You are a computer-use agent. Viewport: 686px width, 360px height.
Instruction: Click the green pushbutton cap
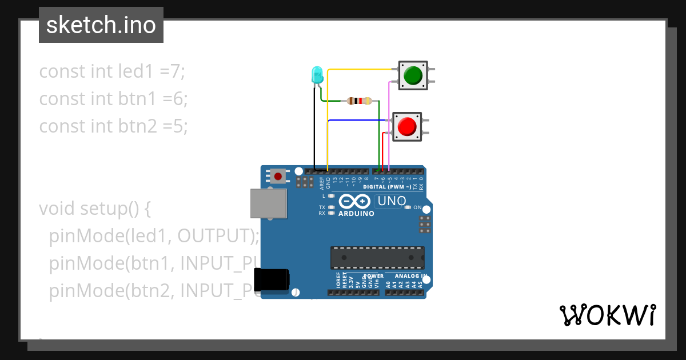click(x=413, y=75)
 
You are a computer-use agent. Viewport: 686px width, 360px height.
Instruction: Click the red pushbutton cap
click(x=407, y=126)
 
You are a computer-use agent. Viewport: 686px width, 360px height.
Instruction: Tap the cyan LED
click(x=317, y=75)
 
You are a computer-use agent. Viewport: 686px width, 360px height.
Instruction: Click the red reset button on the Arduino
click(x=278, y=175)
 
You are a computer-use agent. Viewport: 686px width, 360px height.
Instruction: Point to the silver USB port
click(x=268, y=203)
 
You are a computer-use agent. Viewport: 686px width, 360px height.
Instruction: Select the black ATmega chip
click(x=377, y=258)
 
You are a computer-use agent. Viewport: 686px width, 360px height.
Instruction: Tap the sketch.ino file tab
click(x=101, y=25)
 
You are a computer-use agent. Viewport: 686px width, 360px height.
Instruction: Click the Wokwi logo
click(x=607, y=315)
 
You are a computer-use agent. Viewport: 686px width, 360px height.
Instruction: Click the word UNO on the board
click(x=392, y=201)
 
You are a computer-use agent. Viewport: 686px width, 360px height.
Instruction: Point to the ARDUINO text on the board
click(x=356, y=214)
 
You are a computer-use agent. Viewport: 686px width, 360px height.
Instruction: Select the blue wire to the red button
click(x=357, y=121)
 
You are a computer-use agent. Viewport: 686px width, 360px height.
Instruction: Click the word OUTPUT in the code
click(x=217, y=235)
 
